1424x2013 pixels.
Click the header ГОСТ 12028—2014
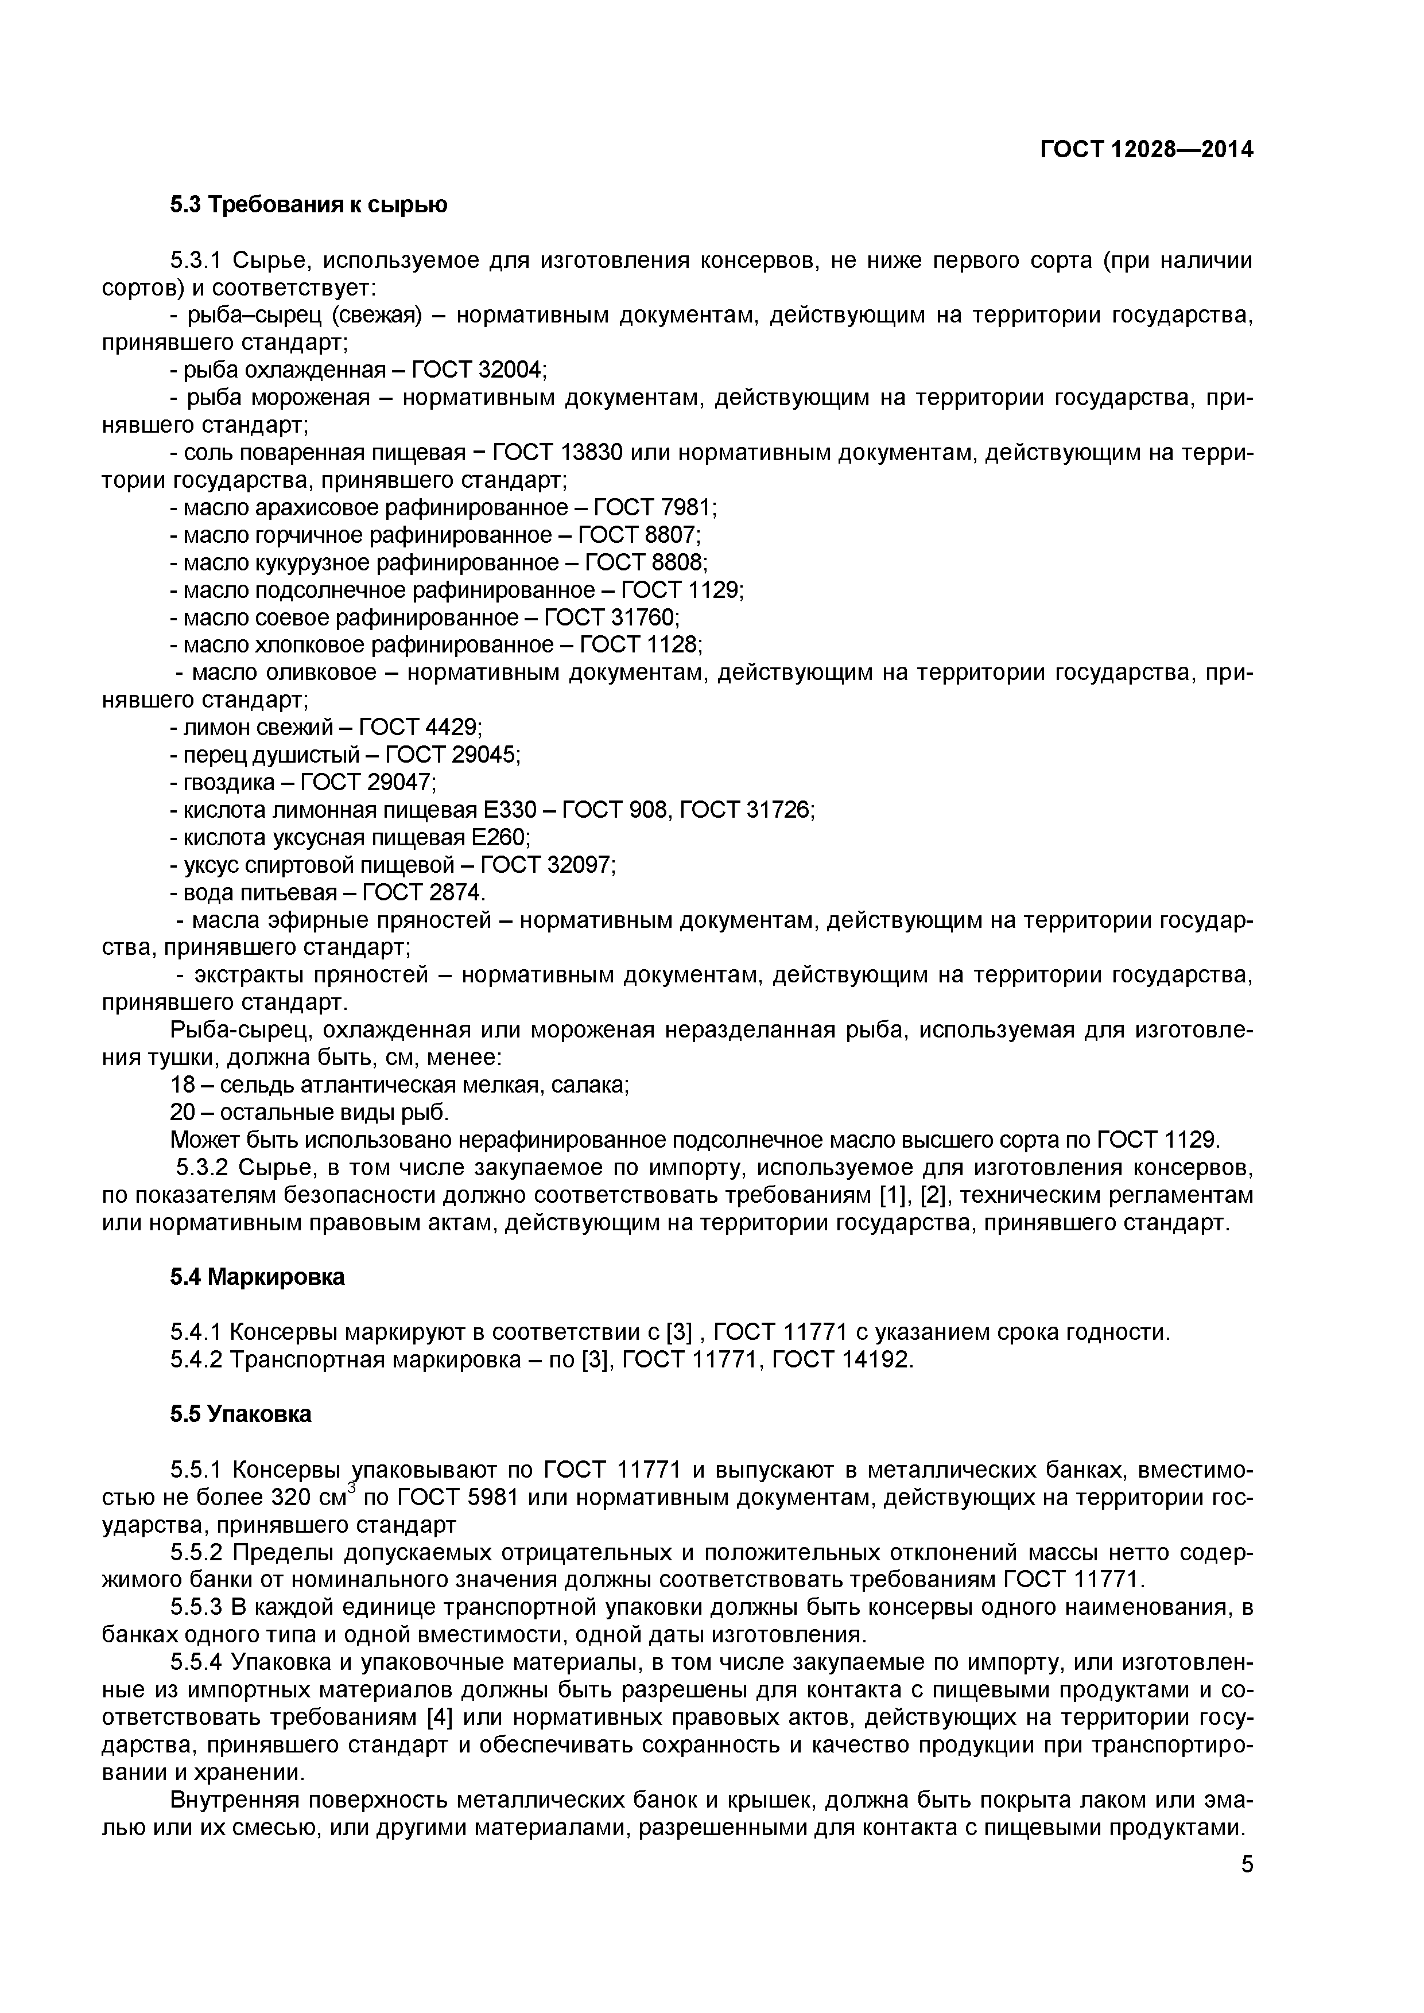(x=1146, y=150)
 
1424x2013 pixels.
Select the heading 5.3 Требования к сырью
(x=309, y=205)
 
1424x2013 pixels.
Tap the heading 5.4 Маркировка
(x=257, y=1277)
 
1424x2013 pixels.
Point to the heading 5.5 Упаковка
(x=240, y=1414)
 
